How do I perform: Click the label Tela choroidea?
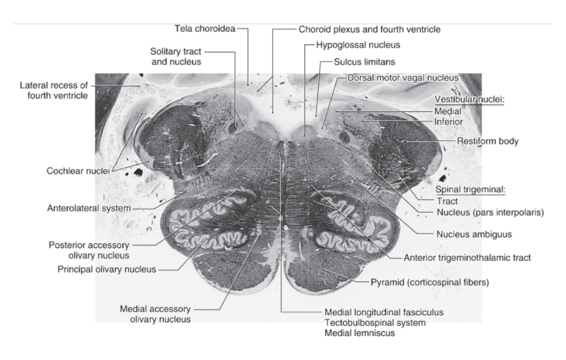205,29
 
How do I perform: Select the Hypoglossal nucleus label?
358,44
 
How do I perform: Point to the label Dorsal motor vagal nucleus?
403,78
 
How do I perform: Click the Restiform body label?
487,141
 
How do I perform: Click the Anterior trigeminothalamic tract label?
467,257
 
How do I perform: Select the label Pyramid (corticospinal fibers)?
430,282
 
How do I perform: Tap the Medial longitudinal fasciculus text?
384,312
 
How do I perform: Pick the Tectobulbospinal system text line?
375,323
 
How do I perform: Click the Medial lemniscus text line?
359,333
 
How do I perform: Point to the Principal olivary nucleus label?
107,270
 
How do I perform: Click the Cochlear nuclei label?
78,171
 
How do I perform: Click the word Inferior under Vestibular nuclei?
448,122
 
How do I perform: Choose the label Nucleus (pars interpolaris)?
490,212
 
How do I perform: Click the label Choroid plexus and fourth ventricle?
369,29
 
